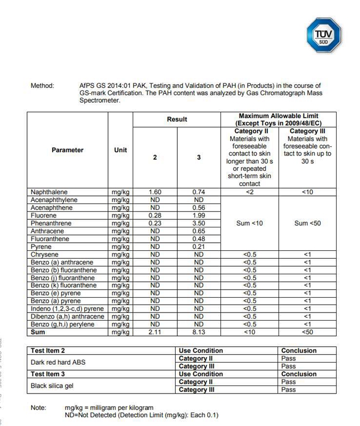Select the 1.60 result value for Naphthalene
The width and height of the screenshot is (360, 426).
[155, 192]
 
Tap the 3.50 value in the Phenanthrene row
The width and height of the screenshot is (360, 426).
[199, 224]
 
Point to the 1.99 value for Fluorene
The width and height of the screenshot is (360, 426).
[199, 216]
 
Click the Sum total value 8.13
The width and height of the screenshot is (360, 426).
[199, 332]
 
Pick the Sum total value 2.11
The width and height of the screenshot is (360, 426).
[155, 332]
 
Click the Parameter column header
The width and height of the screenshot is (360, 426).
[68, 150]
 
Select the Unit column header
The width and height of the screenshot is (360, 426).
[121, 150]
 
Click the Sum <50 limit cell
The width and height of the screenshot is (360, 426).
[307, 224]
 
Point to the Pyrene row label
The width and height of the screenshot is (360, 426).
[41, 247]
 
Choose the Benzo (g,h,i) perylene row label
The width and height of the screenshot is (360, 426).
[62, 324]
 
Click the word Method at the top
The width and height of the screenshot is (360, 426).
[43, 85]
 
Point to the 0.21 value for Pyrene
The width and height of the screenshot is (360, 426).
[199, 247]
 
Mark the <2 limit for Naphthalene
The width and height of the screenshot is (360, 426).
[250, 192]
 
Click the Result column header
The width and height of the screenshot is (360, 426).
[177, 120]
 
